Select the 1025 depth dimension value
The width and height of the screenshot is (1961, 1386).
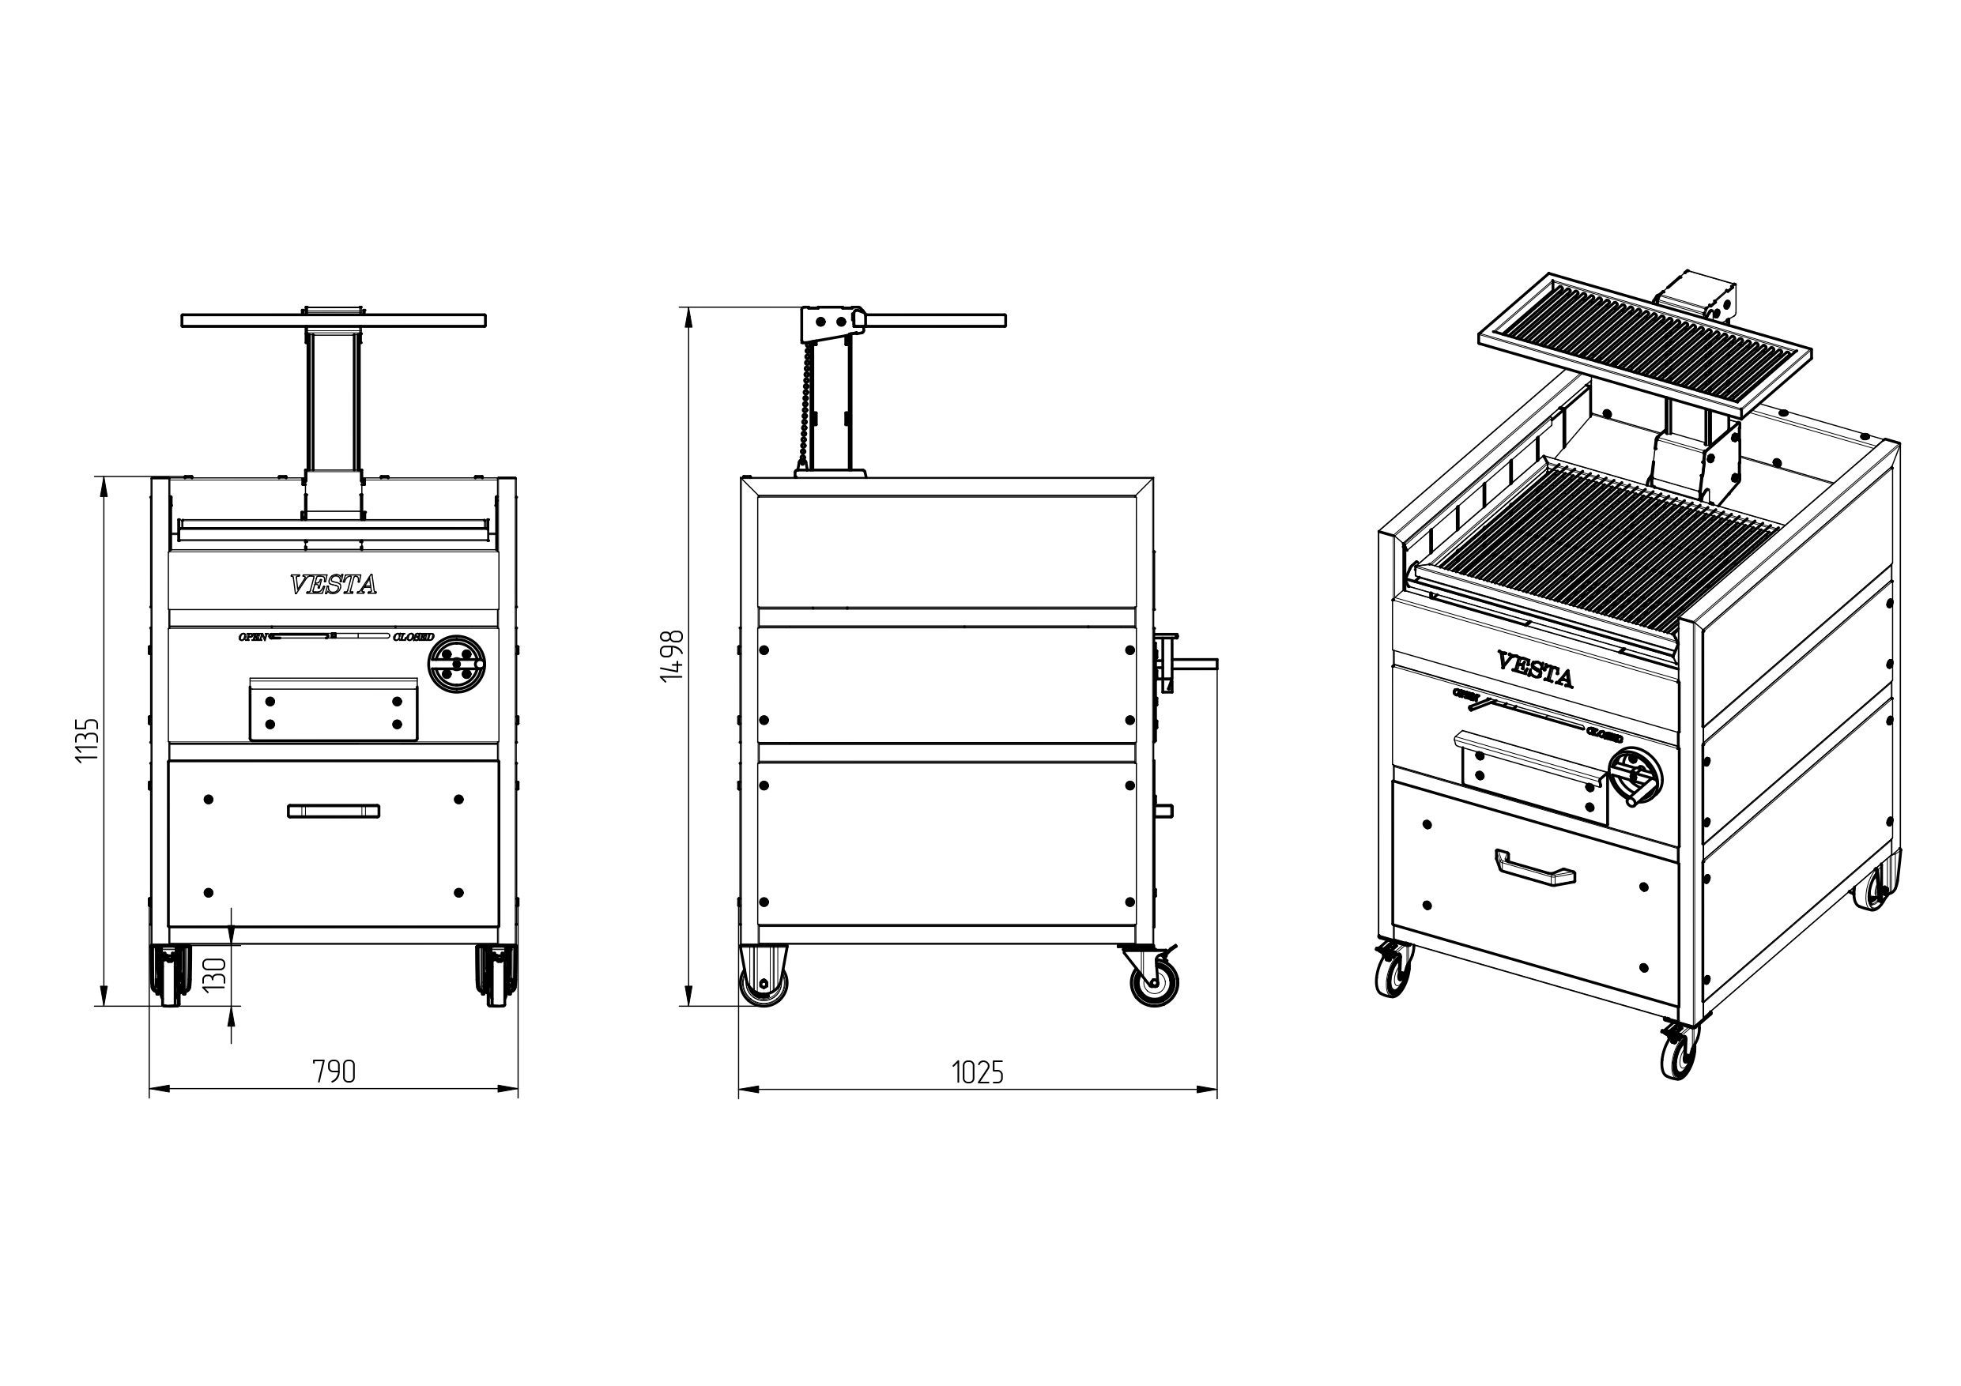tap(977, 1072)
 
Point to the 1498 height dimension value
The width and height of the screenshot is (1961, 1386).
tap(673, 656)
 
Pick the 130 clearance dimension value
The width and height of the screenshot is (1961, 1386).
tap(215, 974)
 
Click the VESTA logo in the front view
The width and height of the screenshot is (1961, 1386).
tap(333, 585)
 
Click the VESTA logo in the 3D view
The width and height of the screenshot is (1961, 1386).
tap(1535, 669)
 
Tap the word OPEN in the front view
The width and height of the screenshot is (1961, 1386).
tap(253, 637)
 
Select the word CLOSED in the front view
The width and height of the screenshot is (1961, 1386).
tap(413, 637)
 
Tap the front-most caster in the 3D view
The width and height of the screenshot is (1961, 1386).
tap(1679, 1051)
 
